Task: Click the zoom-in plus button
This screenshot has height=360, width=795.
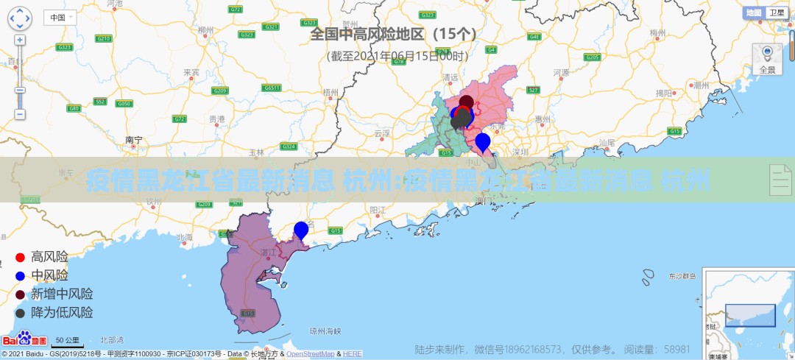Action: (x=20, y=40)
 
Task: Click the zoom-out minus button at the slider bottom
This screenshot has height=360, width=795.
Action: (x=20, y=114)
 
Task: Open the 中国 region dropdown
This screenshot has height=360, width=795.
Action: (x=60, y=17)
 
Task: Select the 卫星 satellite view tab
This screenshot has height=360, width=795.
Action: (x=776, y=13)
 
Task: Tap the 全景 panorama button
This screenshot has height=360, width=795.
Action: (x=767, y=59)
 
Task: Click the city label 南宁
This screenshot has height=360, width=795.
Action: (x=133, y=139)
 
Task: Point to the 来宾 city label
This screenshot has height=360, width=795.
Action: (x=191, y=72)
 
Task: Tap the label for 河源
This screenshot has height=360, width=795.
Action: (x=562, y=72)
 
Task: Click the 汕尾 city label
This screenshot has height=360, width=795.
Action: (x=607, y=142)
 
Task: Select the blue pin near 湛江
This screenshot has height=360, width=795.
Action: (x=301, y=230)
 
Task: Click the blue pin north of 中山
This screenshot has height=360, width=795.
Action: (x=483, y=141)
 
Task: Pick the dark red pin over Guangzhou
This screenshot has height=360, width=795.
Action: (x=467, y=102)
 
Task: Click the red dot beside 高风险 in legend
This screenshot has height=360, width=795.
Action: (x=21, y=258)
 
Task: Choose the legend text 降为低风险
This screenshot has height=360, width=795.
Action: (x=62, y=312)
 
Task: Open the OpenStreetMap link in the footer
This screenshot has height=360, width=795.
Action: (x=309, y=354)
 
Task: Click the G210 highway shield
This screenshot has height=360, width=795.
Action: (x=104, y=38)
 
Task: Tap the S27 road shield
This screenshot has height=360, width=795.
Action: (x=534, y=90)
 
